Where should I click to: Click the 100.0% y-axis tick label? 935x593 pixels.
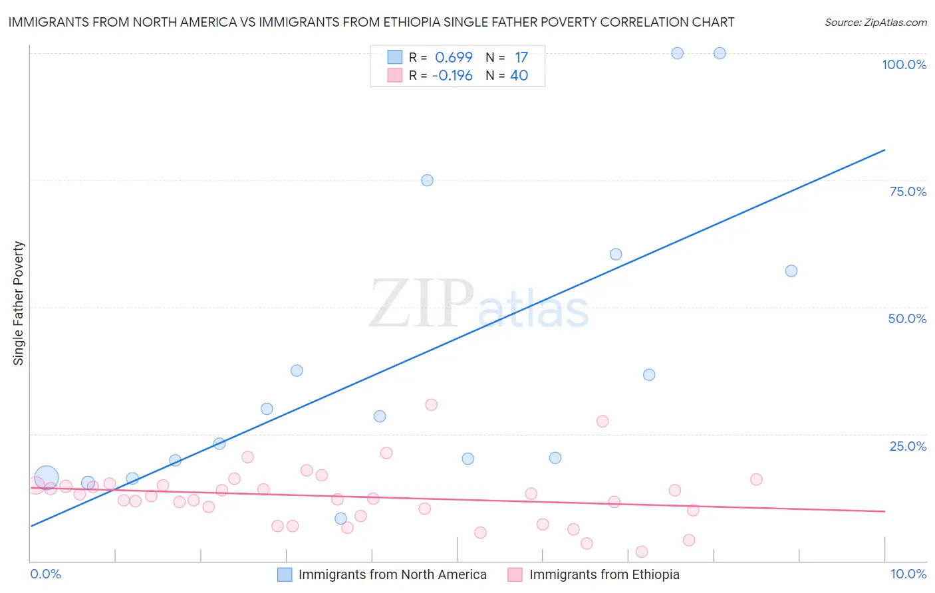tap(904, 64)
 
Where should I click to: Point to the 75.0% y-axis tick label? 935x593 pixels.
tap(908, 191)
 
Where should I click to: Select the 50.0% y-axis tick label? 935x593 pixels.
tap(907, 318)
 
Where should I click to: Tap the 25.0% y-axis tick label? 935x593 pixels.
tap(908, 446)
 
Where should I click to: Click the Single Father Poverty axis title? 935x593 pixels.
tap(19, 303)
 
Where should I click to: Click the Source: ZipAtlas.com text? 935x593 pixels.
tap(875, 23)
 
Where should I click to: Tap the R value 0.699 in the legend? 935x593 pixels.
tap(454, 58)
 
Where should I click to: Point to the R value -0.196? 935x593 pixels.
tap(452, 76)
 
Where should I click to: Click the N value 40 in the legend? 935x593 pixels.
tap(519, 76)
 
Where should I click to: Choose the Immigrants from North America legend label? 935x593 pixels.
tap(392, 575)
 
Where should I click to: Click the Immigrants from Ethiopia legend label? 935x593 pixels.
tap(604, 575)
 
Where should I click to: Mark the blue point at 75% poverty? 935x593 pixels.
tap(427, 180)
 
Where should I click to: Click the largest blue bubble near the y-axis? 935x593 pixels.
tap(46, 477)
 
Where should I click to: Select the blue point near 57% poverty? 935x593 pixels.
tap(791, 271)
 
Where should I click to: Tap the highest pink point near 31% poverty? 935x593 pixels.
tap(431, 405)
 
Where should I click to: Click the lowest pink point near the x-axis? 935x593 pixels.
tap(642, 552)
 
